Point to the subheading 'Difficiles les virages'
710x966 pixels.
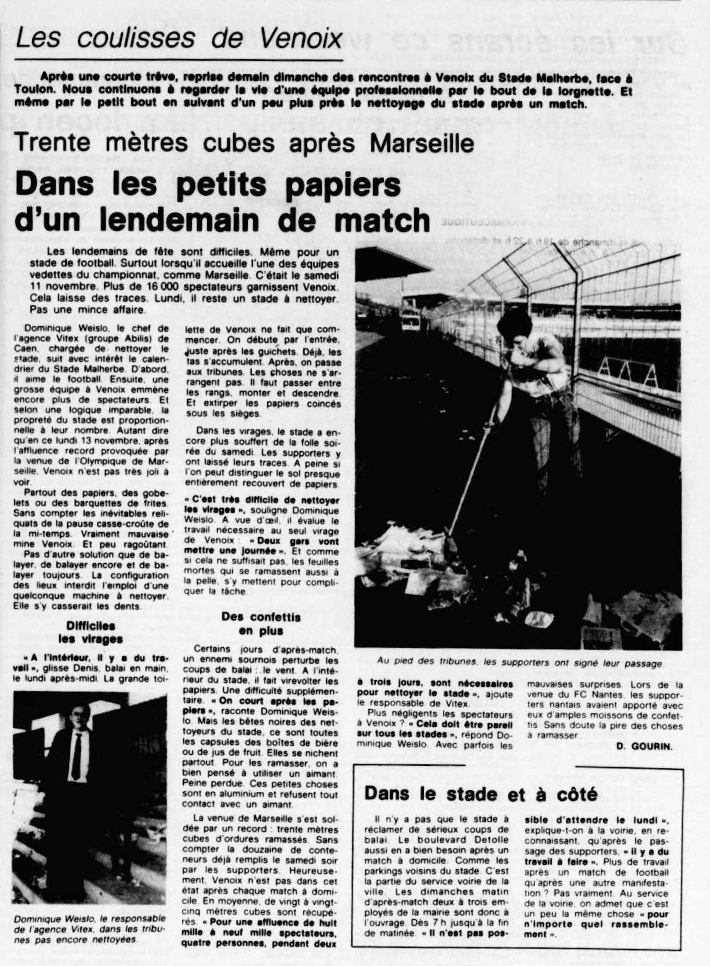click(x=91, y=632)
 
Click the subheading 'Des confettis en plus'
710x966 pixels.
click(x=261, y=623)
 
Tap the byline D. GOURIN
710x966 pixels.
click(x=644, y=746)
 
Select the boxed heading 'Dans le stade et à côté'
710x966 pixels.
click(x=481, y=794)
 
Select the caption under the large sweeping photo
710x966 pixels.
click(x=519, y=663)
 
